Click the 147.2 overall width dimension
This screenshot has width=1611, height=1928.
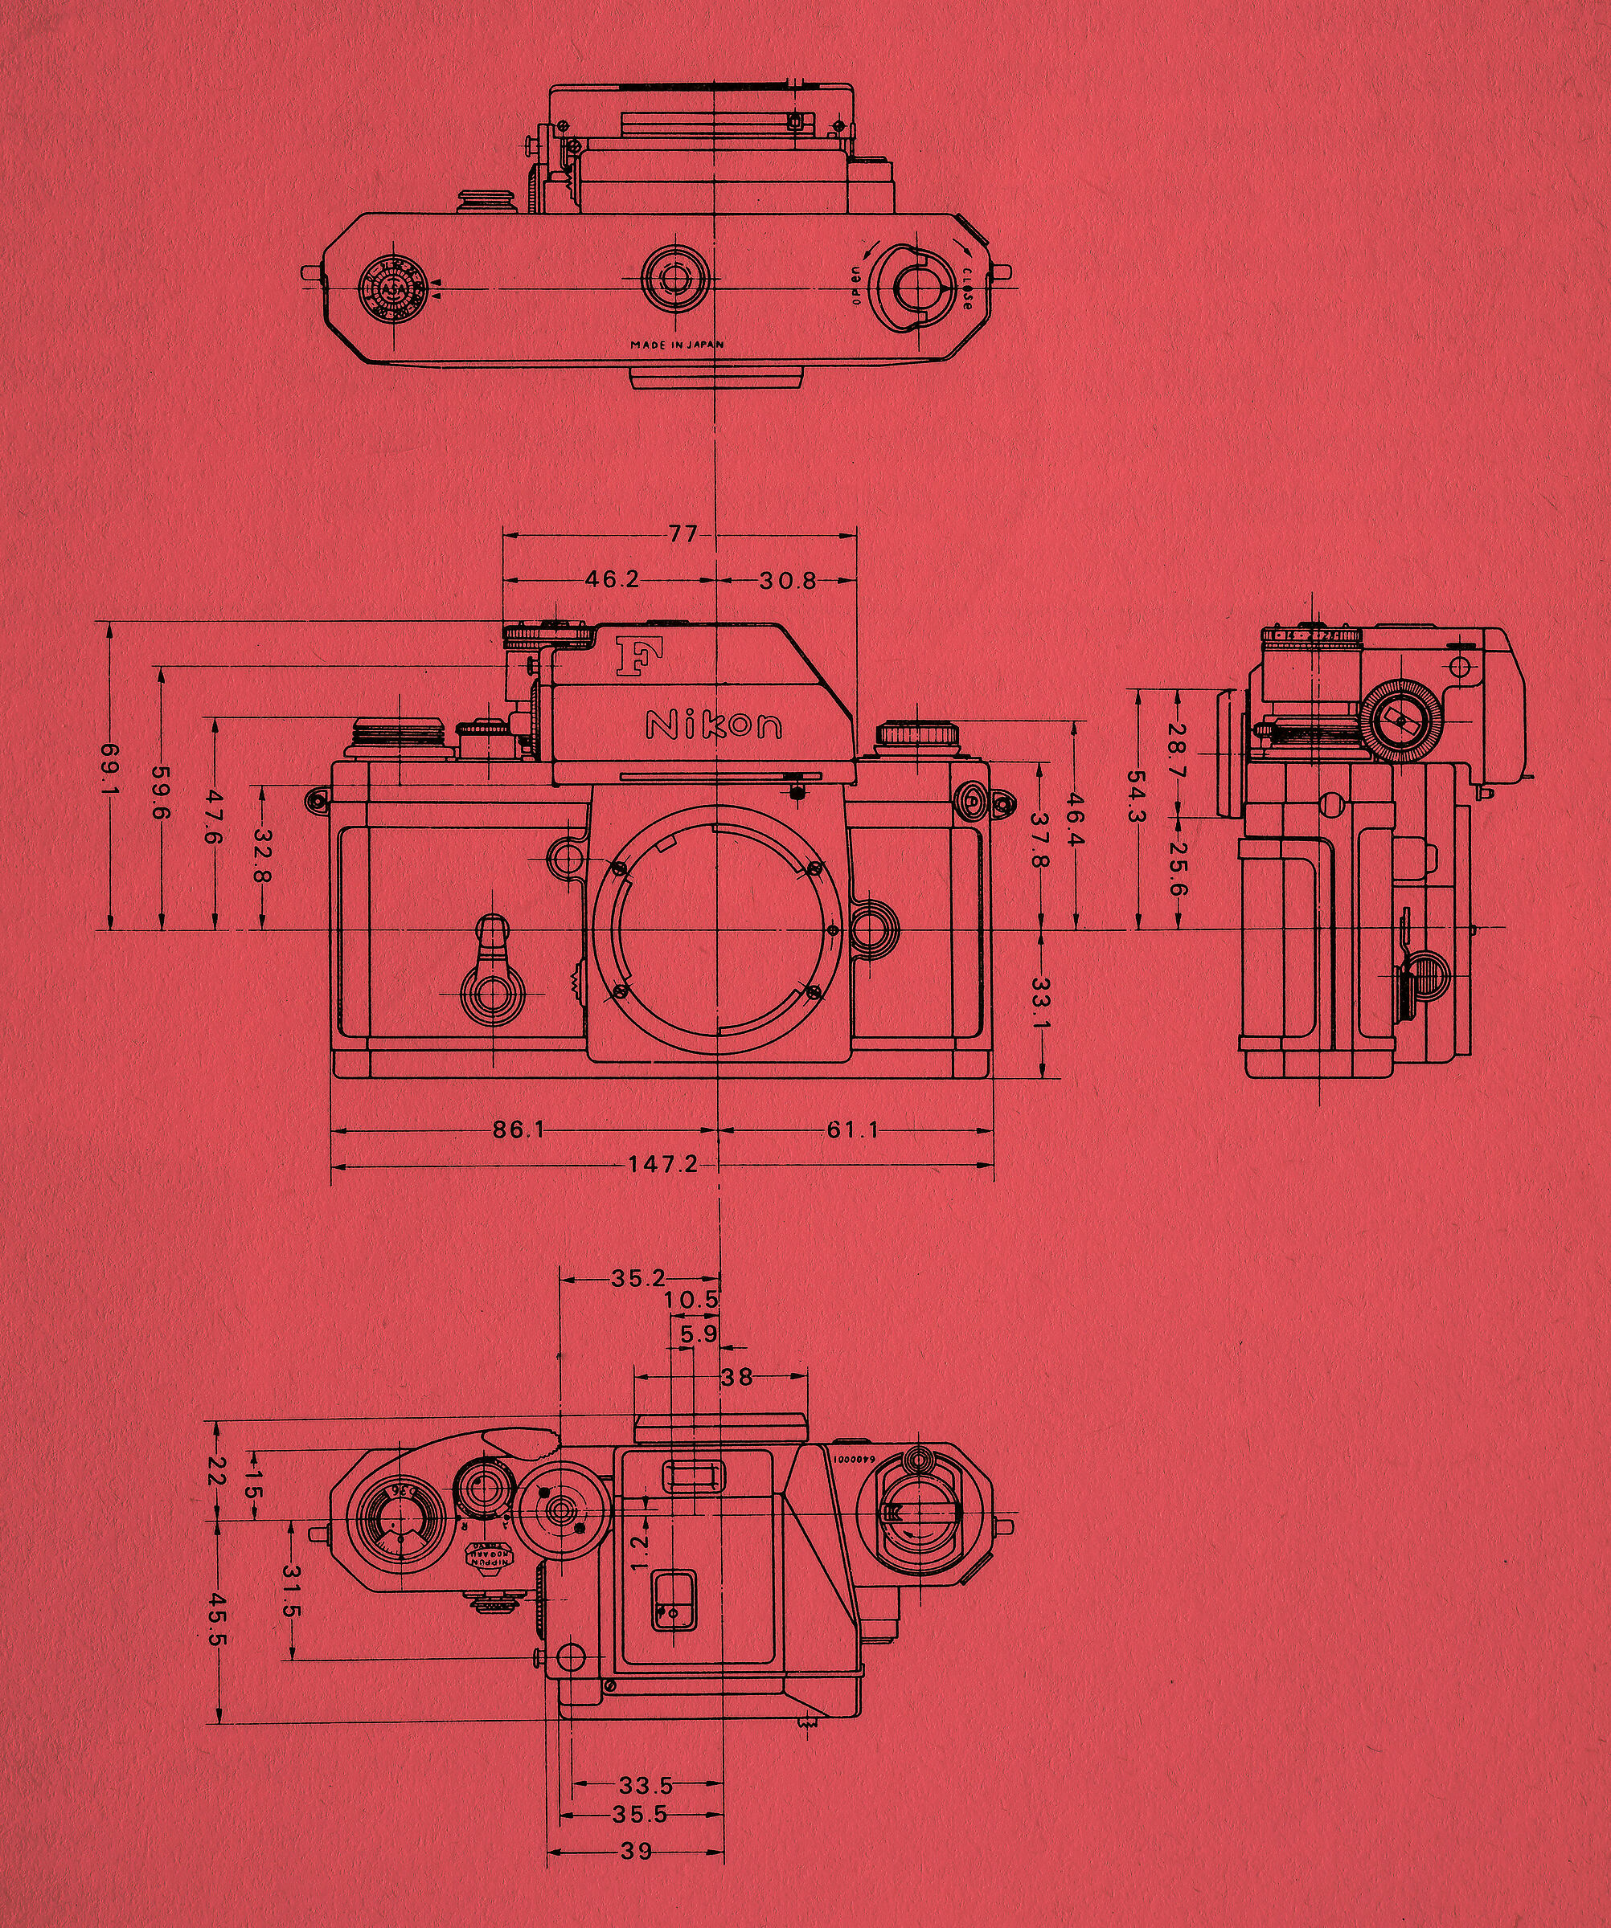pos(662,1166)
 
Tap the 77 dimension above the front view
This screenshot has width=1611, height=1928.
pos(683,533)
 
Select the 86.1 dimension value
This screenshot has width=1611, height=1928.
pos(519,1130)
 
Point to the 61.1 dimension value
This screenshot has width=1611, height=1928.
pos(852,1130)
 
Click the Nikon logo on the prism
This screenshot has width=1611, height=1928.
pos(714,725)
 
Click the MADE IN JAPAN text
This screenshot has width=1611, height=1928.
pos(677,345)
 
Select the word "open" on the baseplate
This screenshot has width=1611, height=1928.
pos(856,287)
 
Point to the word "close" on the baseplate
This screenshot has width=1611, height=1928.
pos(969,288)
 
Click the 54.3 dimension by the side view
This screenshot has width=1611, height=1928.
pos(1138,799)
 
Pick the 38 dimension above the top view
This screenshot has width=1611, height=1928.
pos(736,1376)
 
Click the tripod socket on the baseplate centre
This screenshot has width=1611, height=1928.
pos(676,276)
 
